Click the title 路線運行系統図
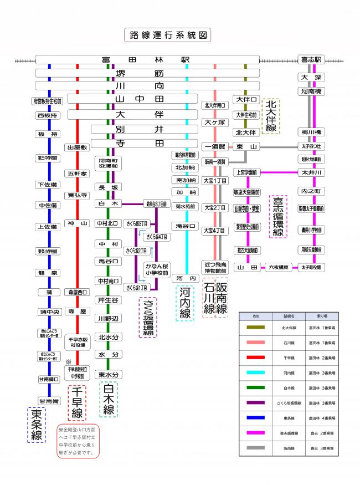(167, 35)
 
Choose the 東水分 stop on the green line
(109, 375)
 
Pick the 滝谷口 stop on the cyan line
(187, 226)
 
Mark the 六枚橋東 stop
(280, 267)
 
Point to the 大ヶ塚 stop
(214, 122)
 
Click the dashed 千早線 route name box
(76, 403)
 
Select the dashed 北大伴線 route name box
(271, 116)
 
